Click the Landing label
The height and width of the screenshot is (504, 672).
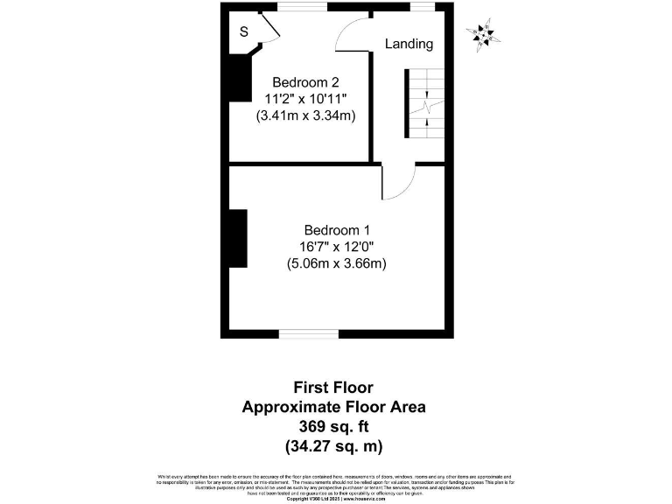(x=409, y=44)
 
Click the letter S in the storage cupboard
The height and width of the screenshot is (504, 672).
(x=243, y=31)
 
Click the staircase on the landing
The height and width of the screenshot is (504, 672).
(x=424, y=104)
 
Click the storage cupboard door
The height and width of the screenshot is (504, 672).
(x=269, y=26)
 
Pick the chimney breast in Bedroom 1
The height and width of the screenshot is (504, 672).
(x=237, y=238)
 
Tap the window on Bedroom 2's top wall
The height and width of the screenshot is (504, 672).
(x=302, y=7)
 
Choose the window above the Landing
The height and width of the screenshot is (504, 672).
(x=423, y=7)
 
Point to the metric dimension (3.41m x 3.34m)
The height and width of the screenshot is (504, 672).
(x=304, y=115)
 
